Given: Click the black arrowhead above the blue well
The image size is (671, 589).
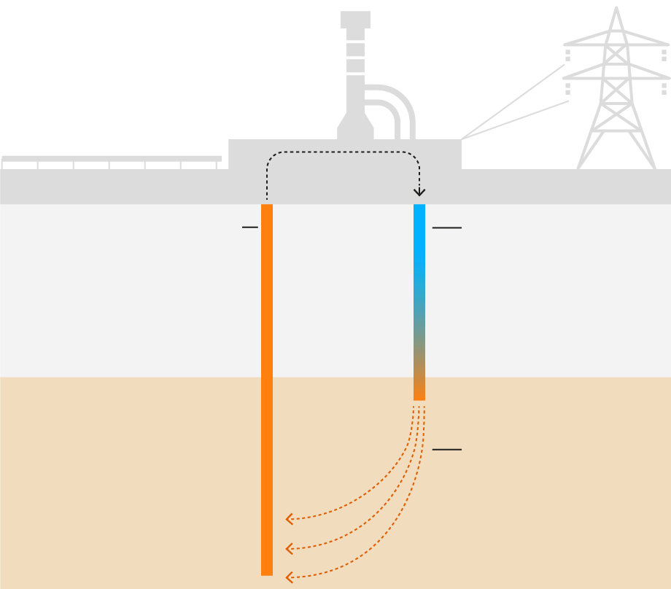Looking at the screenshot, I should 419,192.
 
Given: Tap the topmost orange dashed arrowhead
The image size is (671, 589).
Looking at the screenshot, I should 289,519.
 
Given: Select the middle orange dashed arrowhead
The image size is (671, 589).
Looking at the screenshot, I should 289,548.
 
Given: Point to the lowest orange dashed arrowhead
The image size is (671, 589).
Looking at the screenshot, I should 289,577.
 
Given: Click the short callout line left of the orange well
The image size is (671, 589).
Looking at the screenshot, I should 249,227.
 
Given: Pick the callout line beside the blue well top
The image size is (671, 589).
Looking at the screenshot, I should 446,228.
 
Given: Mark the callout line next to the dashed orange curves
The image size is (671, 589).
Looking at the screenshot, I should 446,450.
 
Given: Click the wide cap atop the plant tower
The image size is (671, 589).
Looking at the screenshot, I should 355,20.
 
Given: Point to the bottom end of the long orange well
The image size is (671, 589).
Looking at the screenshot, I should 267,571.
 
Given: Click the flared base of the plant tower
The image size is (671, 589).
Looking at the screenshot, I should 355,130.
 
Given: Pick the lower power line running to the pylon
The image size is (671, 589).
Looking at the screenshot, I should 514,120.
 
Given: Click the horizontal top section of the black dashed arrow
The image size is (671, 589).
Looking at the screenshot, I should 343,152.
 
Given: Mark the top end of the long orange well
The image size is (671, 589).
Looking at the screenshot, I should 267,209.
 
